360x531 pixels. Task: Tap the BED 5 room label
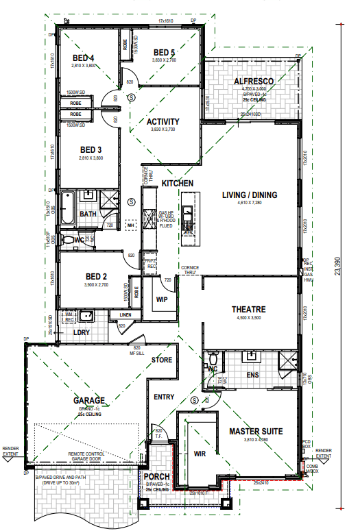point(165,52)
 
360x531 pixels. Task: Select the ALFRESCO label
point(254,82)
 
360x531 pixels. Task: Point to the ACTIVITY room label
point(163,122)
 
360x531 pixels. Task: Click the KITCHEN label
point(177,184)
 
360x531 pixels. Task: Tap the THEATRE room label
point(248,310)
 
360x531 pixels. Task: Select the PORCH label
point(157,477)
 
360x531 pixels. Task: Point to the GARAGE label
point(89,401)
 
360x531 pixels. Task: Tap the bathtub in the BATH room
point(67,210)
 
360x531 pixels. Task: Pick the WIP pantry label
point(163,299)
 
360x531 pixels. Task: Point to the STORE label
point(162,359)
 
